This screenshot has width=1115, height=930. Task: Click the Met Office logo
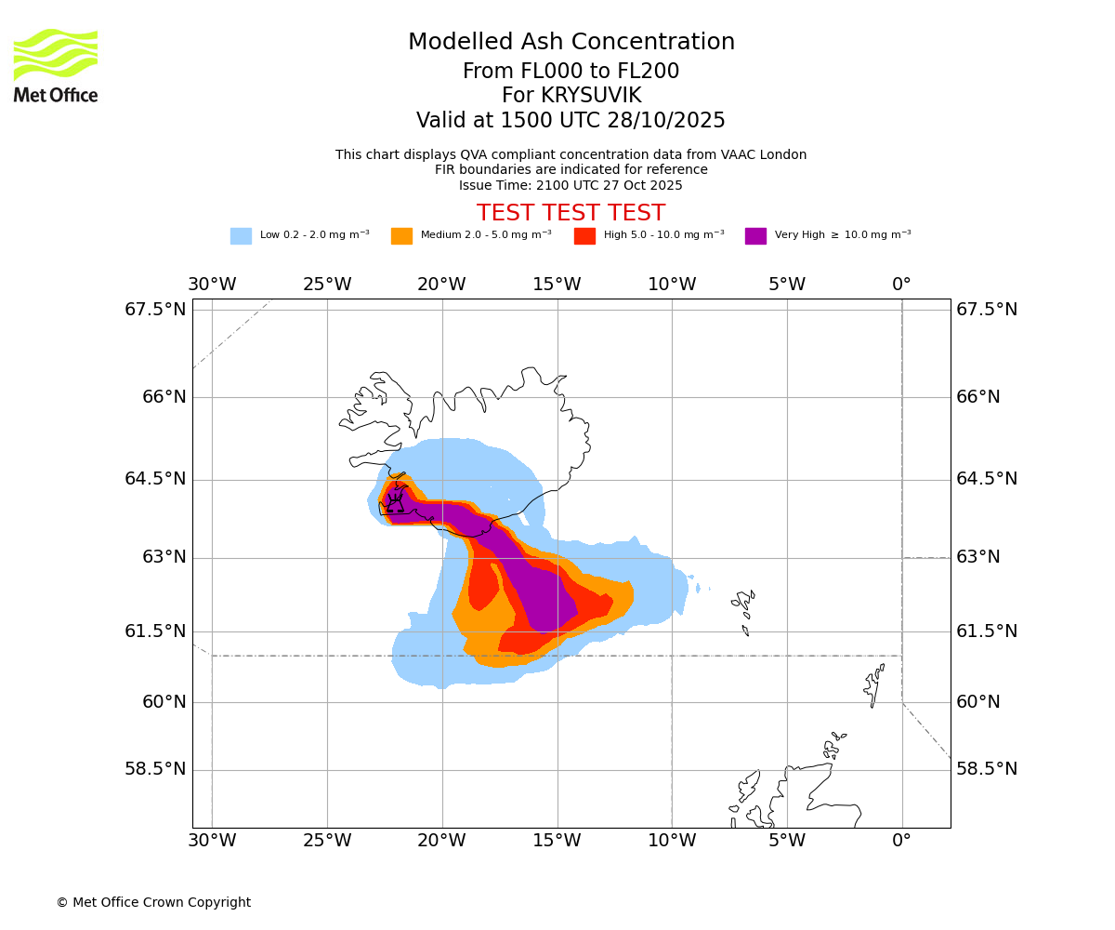coord(56,66)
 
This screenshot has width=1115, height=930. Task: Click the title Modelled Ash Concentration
coord(571,43)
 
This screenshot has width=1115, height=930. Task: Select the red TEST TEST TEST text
coord(571,213)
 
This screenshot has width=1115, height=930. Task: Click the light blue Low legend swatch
coord(241,236)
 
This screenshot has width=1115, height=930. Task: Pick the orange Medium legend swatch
coord(401,236)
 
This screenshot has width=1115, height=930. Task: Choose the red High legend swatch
coord(584,236)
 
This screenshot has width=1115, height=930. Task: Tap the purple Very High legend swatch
coord(755,236)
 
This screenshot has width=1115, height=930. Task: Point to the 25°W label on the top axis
coord(327,285)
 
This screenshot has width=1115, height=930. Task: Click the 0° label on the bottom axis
coord(901,842)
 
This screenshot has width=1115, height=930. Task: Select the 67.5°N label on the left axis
coord(155,310)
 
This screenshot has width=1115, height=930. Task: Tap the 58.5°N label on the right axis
coord(987,769)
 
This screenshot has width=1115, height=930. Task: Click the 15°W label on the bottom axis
coord(557,842)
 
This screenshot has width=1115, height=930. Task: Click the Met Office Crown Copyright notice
coord(153,902)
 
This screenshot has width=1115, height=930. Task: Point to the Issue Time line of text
coord(571,185)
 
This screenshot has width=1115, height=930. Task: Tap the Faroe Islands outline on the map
coord(745,609)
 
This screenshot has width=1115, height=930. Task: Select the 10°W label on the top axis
coord(672,285)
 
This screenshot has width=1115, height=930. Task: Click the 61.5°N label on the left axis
coord(155,631)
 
